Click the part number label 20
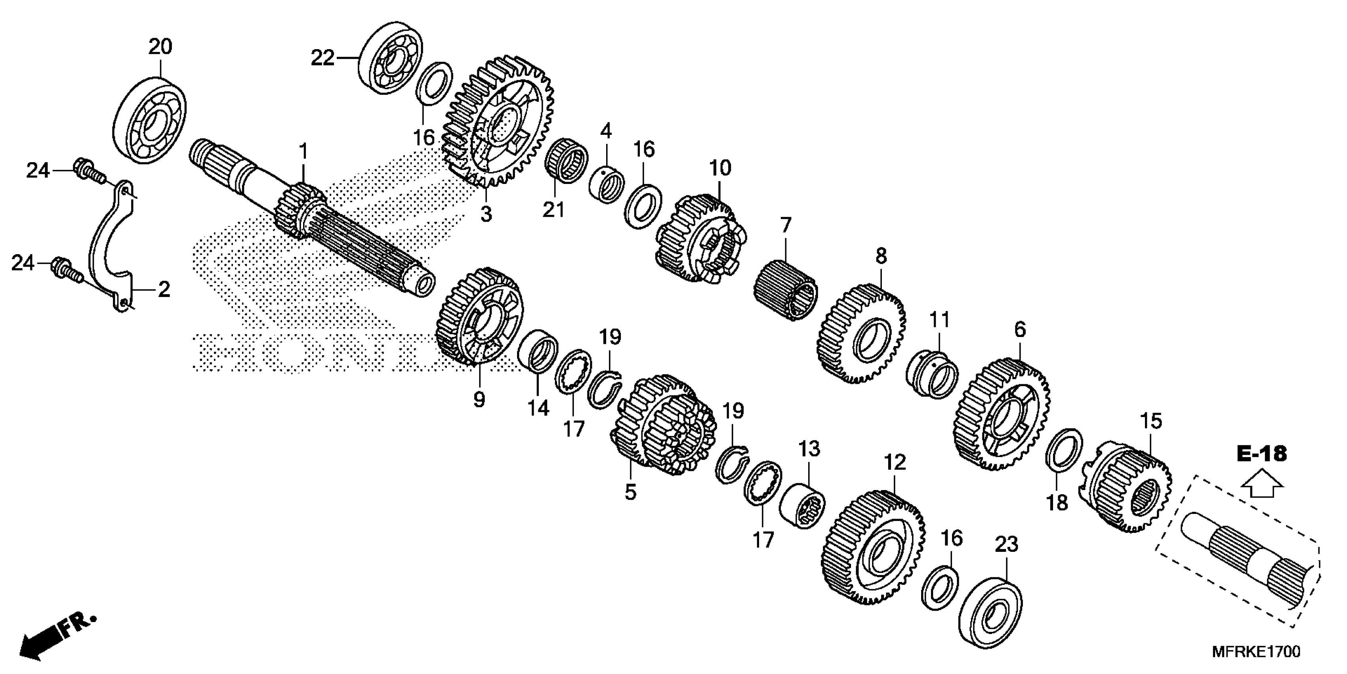[160, 47]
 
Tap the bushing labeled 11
[932, 375]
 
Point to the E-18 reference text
[1262, 453]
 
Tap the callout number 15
[1151, 421]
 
